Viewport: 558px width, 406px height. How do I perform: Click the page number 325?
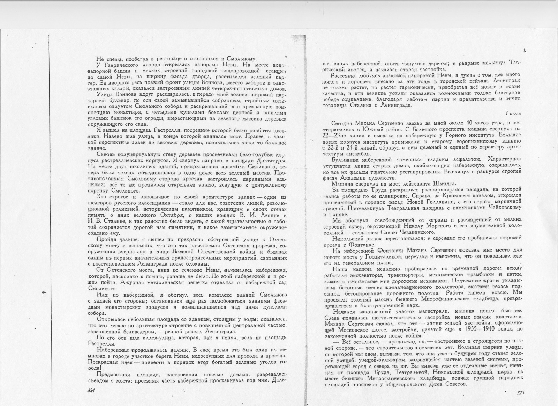[520, 393]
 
